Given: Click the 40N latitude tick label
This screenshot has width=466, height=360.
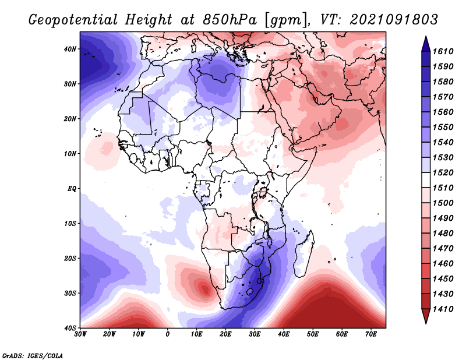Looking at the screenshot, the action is (x=70, y=49).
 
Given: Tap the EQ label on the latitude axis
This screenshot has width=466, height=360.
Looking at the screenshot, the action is (x=72, y=189).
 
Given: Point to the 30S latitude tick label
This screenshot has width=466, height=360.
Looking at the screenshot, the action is (x=70, y=294).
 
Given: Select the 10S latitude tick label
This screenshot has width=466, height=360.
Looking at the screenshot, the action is (x=70, y=224).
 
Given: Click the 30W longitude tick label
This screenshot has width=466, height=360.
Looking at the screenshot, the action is (x=80, y=334).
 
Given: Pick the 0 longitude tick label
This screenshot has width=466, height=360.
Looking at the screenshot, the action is (x=168, y=334).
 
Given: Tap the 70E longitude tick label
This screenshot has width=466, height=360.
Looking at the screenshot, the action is (x=370, y=334).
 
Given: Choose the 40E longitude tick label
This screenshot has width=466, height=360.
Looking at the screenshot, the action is (x=284, y=334).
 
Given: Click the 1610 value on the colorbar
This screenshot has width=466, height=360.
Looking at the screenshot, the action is (x=443, y=51).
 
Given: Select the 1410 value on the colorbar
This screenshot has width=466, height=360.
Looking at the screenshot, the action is (x=443, y=309).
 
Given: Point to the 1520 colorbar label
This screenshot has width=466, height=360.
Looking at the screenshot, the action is (x=443, y=172).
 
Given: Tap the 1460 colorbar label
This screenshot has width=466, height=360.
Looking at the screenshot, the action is (x=443, y=264).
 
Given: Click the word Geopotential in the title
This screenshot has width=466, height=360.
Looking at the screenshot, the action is (x=73, y=20).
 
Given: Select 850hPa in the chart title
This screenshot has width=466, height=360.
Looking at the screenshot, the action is (x=230, y=20).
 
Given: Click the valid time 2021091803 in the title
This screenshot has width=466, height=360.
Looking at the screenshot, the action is (x=394, y=20).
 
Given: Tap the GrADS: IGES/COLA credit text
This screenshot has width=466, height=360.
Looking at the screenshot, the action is (x=33, y=355).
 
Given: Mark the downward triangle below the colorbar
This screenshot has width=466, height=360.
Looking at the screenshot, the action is (x=426, y=316).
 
